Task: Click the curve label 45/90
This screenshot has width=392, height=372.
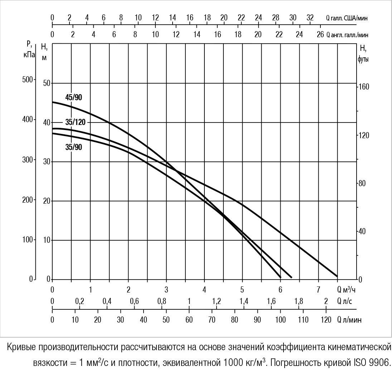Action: coord(73,97)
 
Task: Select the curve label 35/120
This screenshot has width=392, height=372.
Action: coord(75,122)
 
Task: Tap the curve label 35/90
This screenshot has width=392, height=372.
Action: coord(73,147)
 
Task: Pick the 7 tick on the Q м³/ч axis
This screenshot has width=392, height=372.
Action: coord(318,289)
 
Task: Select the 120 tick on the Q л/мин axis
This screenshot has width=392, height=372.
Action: coord(326,319)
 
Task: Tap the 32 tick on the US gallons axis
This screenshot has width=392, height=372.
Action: coord(310,18)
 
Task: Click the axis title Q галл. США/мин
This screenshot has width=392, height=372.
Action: coord(346,18)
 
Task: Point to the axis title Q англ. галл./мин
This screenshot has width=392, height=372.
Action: coord(347,35)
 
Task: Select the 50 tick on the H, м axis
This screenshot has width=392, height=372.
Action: coord(47,83)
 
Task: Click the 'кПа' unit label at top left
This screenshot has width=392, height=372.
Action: coord(29,55)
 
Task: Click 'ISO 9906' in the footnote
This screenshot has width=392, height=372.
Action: coord(372,362)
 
